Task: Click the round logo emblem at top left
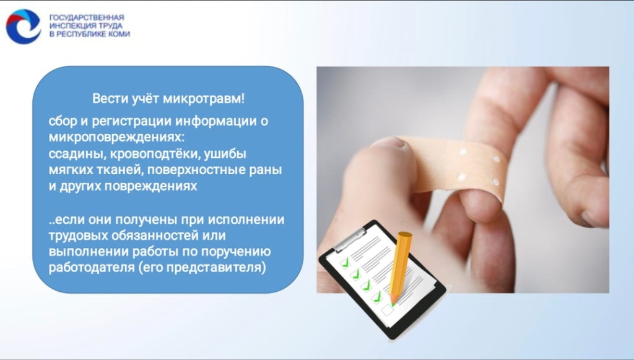(x=23, y=26)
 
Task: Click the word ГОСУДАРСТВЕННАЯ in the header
(x=86, y=17)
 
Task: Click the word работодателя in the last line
(x=90, y=268)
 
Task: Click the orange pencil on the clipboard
(x=399, y=266)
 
